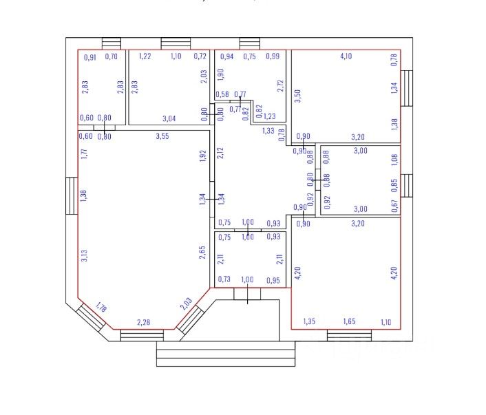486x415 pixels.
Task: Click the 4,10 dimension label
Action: pos(346,56)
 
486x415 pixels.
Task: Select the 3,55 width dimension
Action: pos(162,136)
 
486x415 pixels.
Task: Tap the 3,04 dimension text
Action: pos(169,119)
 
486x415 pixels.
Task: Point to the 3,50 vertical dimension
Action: pos(298,96)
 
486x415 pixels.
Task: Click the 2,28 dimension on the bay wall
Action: pos(143,322)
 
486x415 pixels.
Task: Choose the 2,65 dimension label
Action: pos(202,252)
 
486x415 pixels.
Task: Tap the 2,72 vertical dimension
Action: pos(280,86)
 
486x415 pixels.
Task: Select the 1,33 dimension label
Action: pos(268,131)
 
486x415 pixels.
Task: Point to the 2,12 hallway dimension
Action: pos(220,152)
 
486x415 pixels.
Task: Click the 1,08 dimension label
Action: pos(394,160)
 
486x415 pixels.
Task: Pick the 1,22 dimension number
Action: pos(145,56)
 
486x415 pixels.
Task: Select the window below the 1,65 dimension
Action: pos(348,335)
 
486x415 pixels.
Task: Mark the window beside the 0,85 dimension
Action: pos(407,185)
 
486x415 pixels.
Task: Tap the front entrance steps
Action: pos(225,356)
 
